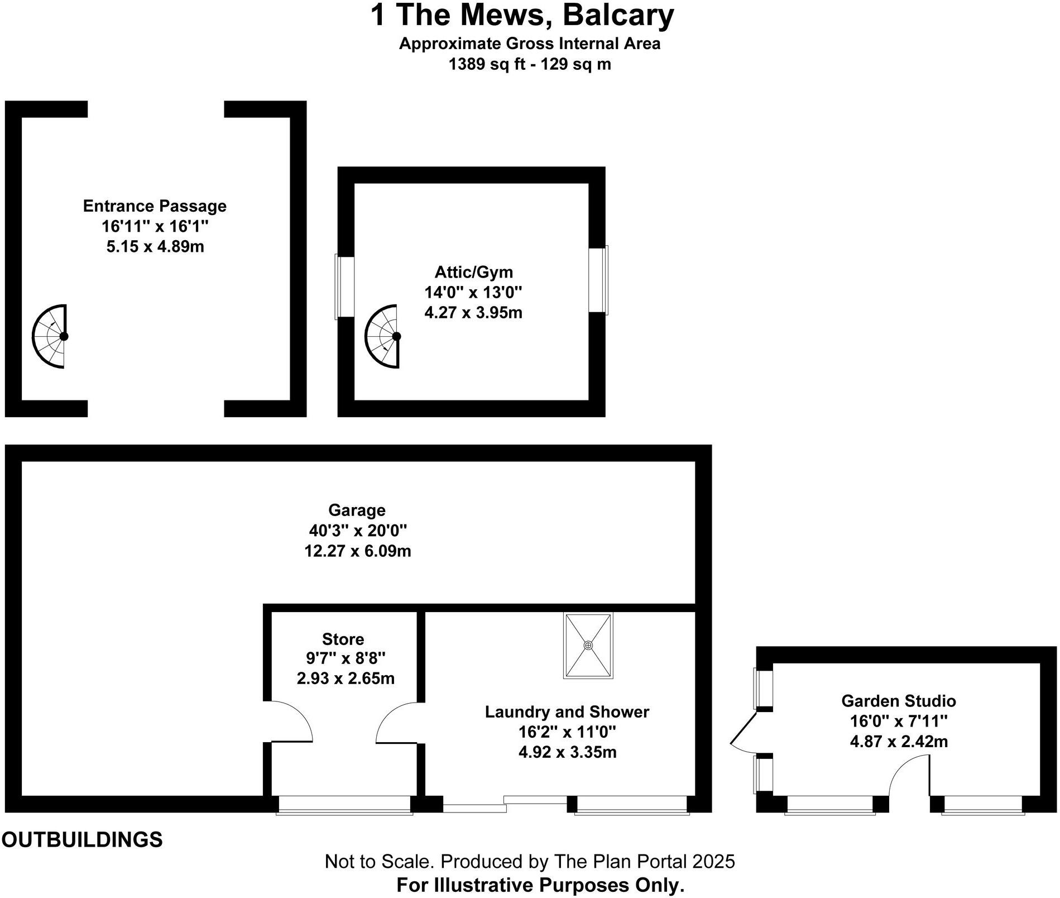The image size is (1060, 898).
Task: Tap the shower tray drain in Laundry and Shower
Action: tap(588, 645)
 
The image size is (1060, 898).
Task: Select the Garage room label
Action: tap(357, 510)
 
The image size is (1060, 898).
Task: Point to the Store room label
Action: tap(343, 639)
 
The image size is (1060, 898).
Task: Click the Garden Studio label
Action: tap(898, 701)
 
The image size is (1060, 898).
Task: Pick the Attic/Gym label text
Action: tap(473, 272)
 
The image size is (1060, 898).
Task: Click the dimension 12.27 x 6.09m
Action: tap(357, 551)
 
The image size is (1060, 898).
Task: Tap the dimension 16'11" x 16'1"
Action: tap(155, 226)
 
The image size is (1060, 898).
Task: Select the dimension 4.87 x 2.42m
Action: tap(899, 742)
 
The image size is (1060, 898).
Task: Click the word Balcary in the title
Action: tap(618, 15)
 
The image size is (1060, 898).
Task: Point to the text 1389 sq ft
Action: tap(487, 64)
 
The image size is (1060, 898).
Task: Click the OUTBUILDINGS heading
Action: tap(82, 839)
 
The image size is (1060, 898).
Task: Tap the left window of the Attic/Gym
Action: tap(344, 287)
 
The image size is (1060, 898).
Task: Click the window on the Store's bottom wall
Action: tap(344, 804)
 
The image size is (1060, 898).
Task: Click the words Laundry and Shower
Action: tap(567, 712)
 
